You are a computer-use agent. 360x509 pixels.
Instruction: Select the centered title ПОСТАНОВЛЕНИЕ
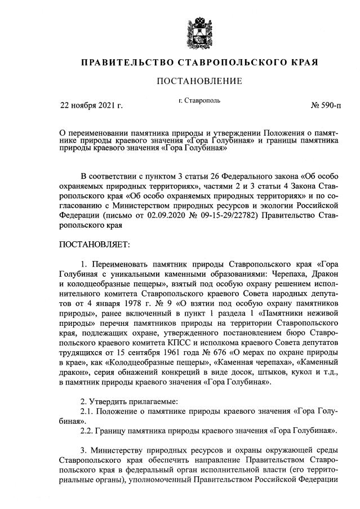(199, 81)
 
